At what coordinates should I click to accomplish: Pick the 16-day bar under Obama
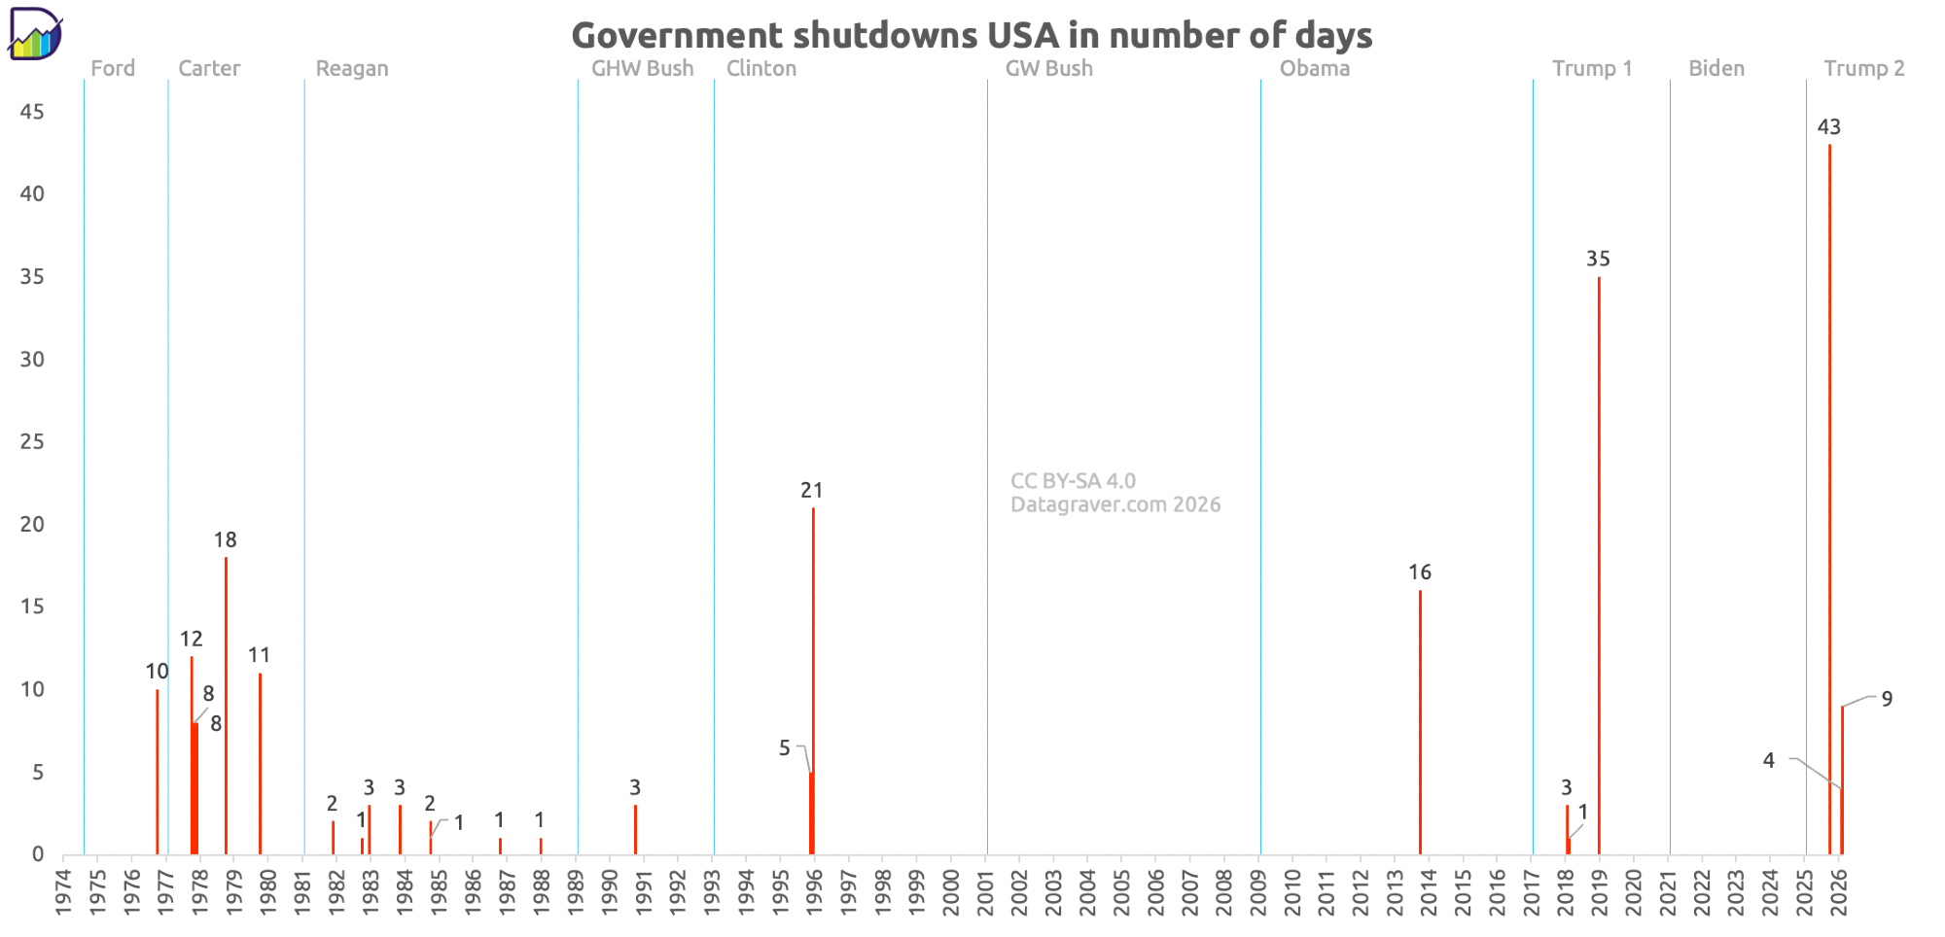point(1420,723)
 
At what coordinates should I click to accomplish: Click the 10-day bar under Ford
point(158,773)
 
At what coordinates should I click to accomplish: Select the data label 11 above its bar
point(259,655)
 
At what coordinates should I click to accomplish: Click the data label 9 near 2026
point(1887,699)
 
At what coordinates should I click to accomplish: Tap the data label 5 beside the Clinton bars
point(785,748)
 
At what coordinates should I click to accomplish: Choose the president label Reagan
point(352,69)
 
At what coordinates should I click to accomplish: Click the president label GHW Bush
point(643,69)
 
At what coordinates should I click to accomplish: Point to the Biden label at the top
point(1716,69)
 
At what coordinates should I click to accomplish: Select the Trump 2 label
point(1863,69)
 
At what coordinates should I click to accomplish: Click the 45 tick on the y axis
point(32,112)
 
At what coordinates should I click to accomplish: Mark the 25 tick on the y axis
point(32,442)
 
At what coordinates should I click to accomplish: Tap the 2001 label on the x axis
point(986,891)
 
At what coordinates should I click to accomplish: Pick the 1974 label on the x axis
point(64,891)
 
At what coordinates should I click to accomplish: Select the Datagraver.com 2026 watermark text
point(1115,504)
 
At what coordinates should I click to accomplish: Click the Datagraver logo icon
point(35,34)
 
